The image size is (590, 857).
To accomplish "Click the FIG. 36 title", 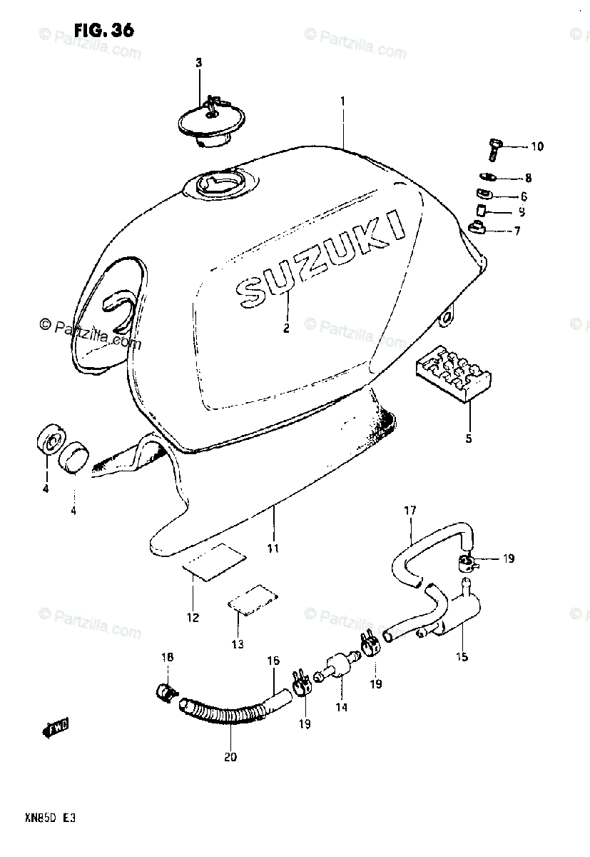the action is (x=103, y=31).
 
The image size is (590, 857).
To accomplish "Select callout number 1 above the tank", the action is (x=342, y=101).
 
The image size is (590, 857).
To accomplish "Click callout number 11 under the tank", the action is (x=273, y=548).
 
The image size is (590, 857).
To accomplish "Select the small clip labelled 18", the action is (x=166, y=691).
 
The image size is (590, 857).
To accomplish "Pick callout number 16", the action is (x=273, y=661).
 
